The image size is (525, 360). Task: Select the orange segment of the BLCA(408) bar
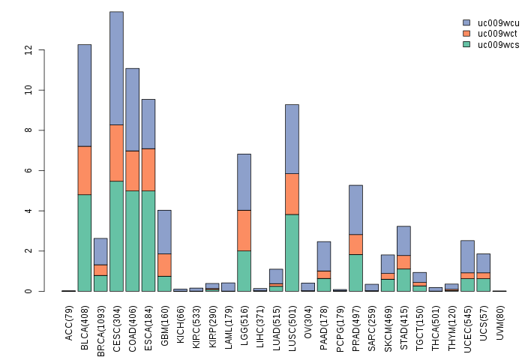[x=85, y=170]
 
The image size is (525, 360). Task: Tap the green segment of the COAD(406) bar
[x=133, y=241]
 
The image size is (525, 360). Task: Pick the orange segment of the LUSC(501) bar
[x=292, y=193]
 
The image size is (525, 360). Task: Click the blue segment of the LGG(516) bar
[x=244, y=181]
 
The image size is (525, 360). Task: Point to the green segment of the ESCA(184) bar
[x=148, y=241]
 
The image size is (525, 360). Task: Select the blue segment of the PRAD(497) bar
[x=355, y=209]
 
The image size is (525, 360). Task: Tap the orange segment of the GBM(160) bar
[x=164, y=265]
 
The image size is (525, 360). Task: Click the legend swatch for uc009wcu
[x=466, y=23]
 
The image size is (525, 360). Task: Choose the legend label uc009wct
[x=498, y=34]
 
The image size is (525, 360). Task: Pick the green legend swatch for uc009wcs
[x=466, y=44]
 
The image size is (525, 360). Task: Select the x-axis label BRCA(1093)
[x=100, y=321]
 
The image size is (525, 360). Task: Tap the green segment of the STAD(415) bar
[x=403, y=280]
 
